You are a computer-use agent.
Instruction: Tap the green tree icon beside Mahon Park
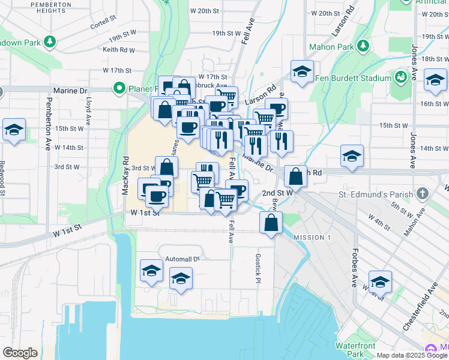pyautogui.click(x=362, y=46)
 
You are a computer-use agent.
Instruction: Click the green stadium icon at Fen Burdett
pyautogui.click(x=400, y=77)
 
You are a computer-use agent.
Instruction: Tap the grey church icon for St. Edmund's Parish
pyautogui.click(x=423, y=194)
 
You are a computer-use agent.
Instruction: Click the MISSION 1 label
pyautogui.click(x=312, y=238)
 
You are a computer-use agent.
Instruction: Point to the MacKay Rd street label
pyautogui.click(x=126, y=175)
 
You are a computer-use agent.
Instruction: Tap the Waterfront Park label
pyautogui.click(x=355, y=350)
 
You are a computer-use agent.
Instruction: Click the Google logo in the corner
pyautogui.click(x=20, y=353)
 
